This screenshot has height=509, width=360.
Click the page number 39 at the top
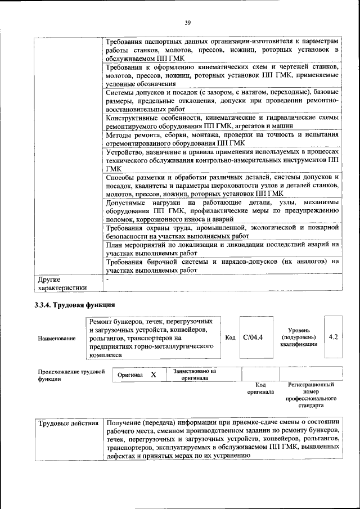coord(188,22)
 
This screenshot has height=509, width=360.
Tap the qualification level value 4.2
coord(333,337)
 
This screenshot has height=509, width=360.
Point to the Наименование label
coord(56,339)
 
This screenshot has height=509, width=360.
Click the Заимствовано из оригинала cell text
coord(195,375)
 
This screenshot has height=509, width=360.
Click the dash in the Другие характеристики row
coord(107,278)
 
